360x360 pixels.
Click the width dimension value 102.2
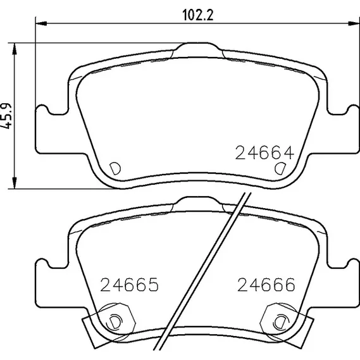click(198, 15)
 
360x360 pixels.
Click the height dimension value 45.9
click(6, 116)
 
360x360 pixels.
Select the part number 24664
click(264, 152)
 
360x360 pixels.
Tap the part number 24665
click(130, 285)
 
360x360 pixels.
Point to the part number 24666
click(266, 285)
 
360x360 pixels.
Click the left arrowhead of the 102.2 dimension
click(41, 23)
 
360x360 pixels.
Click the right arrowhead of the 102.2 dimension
click(354, 23)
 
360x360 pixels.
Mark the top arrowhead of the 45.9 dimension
click(15, 49)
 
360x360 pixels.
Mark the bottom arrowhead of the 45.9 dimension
click(15, 183)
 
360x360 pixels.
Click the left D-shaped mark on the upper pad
click(115, 168)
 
